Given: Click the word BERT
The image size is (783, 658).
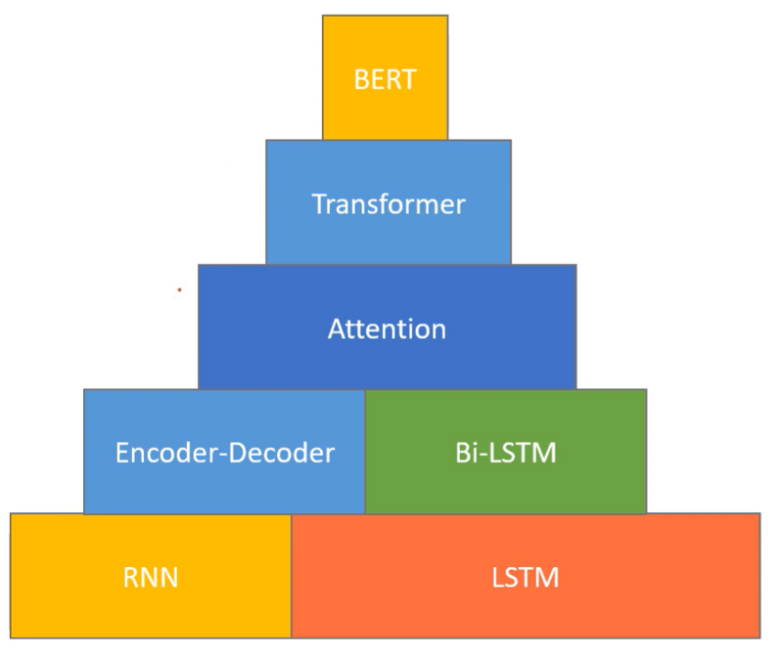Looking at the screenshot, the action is point(385,79).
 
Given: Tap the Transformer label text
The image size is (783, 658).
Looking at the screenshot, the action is point(388,204).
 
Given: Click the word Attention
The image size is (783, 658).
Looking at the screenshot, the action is point(387,329).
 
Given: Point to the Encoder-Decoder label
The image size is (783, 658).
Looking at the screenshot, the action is point(224,453).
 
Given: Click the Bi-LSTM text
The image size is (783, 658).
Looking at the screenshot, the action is point(505,453).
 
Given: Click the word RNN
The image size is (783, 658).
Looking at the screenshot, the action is point(151,577).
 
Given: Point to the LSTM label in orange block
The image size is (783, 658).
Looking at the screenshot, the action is point(525,577).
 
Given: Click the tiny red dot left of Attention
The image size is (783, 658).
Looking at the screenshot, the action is point(179,290).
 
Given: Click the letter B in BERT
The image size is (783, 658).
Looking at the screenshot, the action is point(360,79).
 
